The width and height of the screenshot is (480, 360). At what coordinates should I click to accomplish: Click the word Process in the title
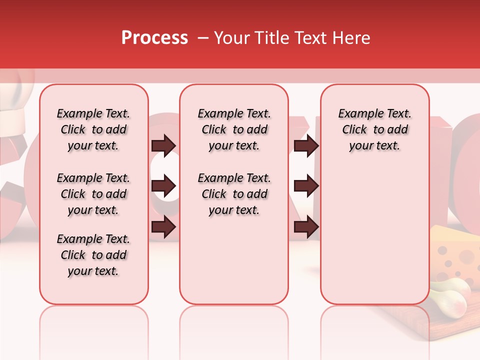click(154, 38)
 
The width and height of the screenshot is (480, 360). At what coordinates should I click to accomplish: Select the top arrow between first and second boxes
click(163, 146)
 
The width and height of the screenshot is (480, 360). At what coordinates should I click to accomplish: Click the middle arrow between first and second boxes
click(163, 186)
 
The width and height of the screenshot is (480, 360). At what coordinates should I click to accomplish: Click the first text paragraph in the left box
click(93, 129)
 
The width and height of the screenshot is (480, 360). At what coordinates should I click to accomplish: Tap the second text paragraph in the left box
click(93, 194)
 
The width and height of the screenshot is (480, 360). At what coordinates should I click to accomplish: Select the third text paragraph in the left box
click(93, 255)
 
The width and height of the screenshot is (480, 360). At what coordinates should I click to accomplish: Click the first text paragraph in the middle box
click(234, 129)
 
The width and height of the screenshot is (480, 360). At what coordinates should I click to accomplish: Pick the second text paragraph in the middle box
click(234, 194)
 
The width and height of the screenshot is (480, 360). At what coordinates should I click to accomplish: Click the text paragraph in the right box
click(374, 129)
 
